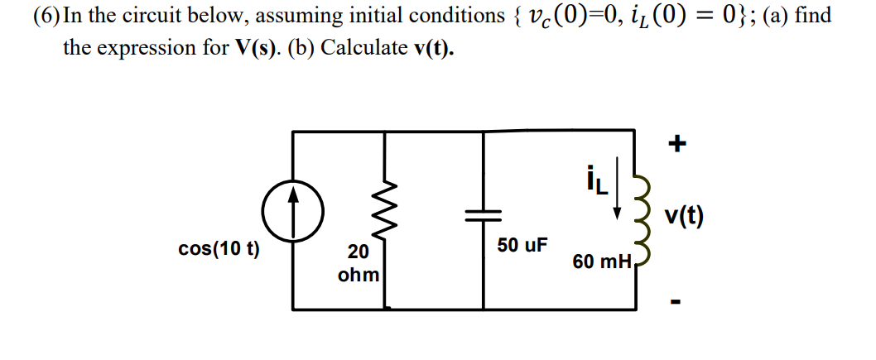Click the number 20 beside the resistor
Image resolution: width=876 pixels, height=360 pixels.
(x=359, y=253)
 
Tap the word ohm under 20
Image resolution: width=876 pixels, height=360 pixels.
(x=359, y=273)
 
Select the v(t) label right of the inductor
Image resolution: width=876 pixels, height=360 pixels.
(x=684, y=218)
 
